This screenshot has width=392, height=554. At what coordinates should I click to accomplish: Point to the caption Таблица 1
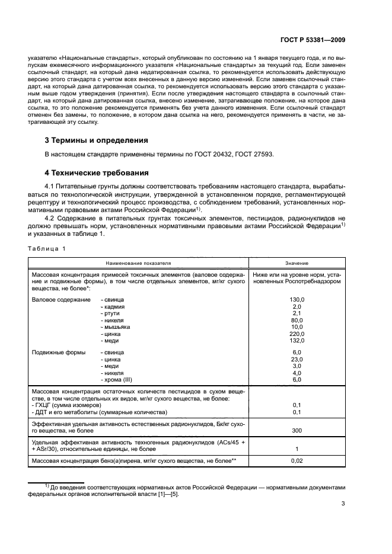tap(46, 249)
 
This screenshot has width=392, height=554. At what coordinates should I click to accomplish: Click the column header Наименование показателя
tap(139, 262)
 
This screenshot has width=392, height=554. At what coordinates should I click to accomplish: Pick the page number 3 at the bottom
tap(343, 504)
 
